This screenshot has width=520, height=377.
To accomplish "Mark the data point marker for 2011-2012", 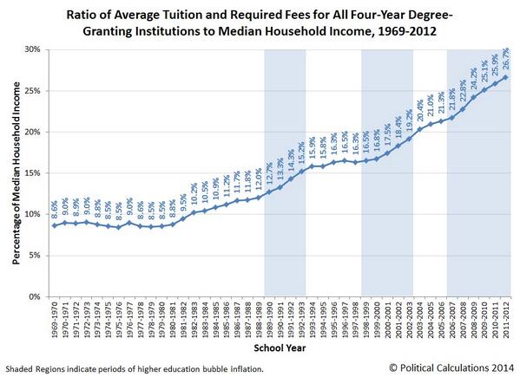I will coord(506,77).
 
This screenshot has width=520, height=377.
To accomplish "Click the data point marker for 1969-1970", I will coord(55,225).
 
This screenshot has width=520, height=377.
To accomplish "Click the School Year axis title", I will coord(279,348).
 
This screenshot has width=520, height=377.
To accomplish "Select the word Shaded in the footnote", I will coord(21,368).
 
